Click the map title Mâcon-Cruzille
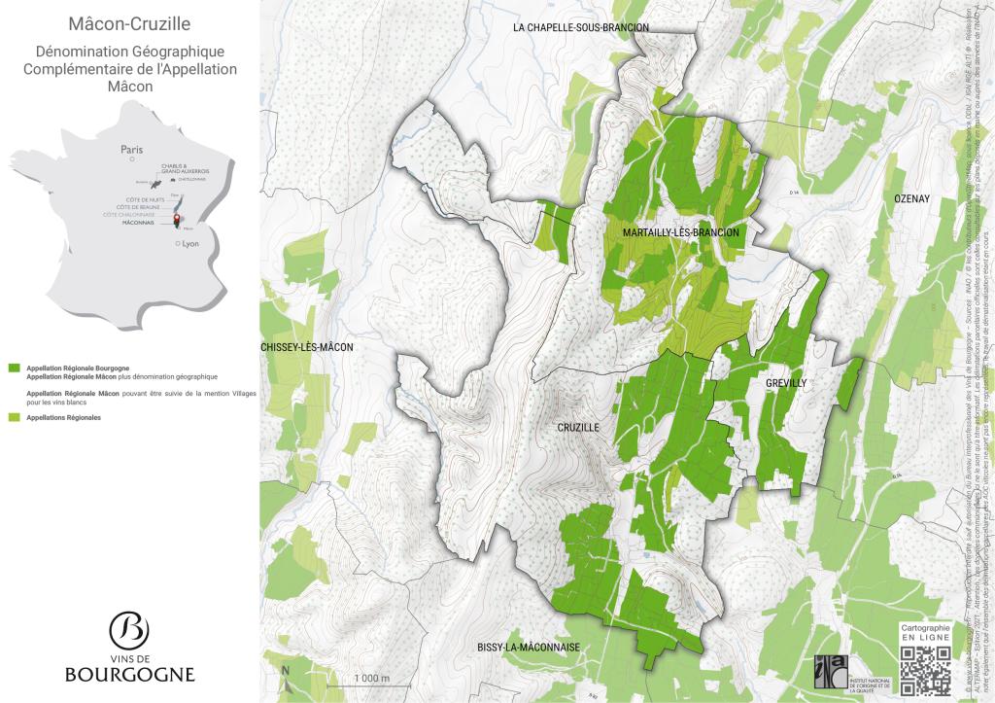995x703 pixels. coord(129,22)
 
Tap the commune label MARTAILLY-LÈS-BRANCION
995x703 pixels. coord(681,233)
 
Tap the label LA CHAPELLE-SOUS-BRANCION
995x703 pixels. coord(580,28)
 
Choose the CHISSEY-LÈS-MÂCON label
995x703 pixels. coord(306,347)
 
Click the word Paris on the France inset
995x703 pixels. coord(131,150)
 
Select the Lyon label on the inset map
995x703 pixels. coord(189,244)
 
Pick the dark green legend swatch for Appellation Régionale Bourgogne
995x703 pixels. coord(14,369)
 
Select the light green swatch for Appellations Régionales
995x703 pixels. coord(14,417)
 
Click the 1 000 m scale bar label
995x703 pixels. coord(371,678)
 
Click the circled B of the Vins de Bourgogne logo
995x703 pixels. coord(129,631)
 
